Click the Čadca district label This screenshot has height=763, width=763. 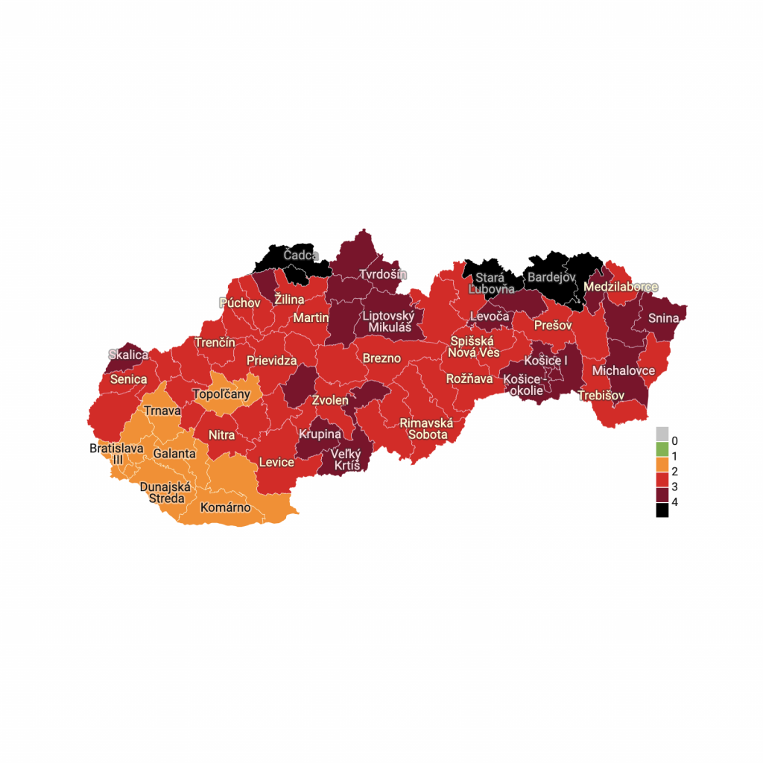[x=301, y=256]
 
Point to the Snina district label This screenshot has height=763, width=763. [x=663, y=318]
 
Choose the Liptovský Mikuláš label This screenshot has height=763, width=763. [x=388, y=321]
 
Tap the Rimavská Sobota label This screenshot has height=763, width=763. [x=426, y=428]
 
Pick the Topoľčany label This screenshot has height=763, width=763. [x=221, y=393]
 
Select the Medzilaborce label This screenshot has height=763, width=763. [x=621, y=287]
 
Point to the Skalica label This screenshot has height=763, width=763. [x=128, y=355]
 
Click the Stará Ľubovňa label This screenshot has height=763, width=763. [x=491, y=283]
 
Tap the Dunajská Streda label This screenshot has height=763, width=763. [x=165, y=493]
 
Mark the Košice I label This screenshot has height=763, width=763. [x=545, y=361]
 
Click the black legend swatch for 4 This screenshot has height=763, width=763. [x=662, y=510]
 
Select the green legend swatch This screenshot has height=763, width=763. [x=662, y=449]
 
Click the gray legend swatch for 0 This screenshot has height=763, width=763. [x=662, y=434]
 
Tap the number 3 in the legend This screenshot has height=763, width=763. [x=675, y=487]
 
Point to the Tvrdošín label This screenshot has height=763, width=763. [x=384, y=274]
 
